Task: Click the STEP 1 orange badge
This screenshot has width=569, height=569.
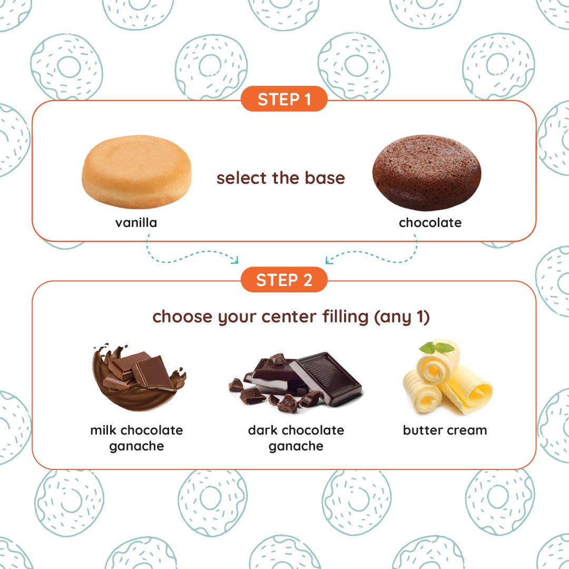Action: click(x=284, y=99)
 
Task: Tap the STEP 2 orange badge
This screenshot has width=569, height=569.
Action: click(x=284, y=279)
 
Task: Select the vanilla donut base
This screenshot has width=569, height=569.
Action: click(x=136, y=172)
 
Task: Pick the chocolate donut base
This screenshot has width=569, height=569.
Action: click(x=427, y=173)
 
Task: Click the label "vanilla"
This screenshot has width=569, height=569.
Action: click(x=136, y=222)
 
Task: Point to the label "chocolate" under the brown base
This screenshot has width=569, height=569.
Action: click(x=430, y=222)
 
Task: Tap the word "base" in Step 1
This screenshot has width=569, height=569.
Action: click(x=325, y=178)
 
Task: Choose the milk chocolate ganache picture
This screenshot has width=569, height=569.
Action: click(x=139, y=377)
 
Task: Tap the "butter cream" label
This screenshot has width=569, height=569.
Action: click(x=445, y=430)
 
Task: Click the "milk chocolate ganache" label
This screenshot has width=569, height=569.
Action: click(x=136, y=438)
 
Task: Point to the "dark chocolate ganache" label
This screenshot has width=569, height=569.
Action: click(x=296, y=438)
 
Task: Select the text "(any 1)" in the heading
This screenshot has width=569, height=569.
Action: click(x=402, y=317)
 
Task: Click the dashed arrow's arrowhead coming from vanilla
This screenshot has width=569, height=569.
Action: click(x=236, y=260)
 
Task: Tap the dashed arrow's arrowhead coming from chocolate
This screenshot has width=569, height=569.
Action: click(x=328, y=260)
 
